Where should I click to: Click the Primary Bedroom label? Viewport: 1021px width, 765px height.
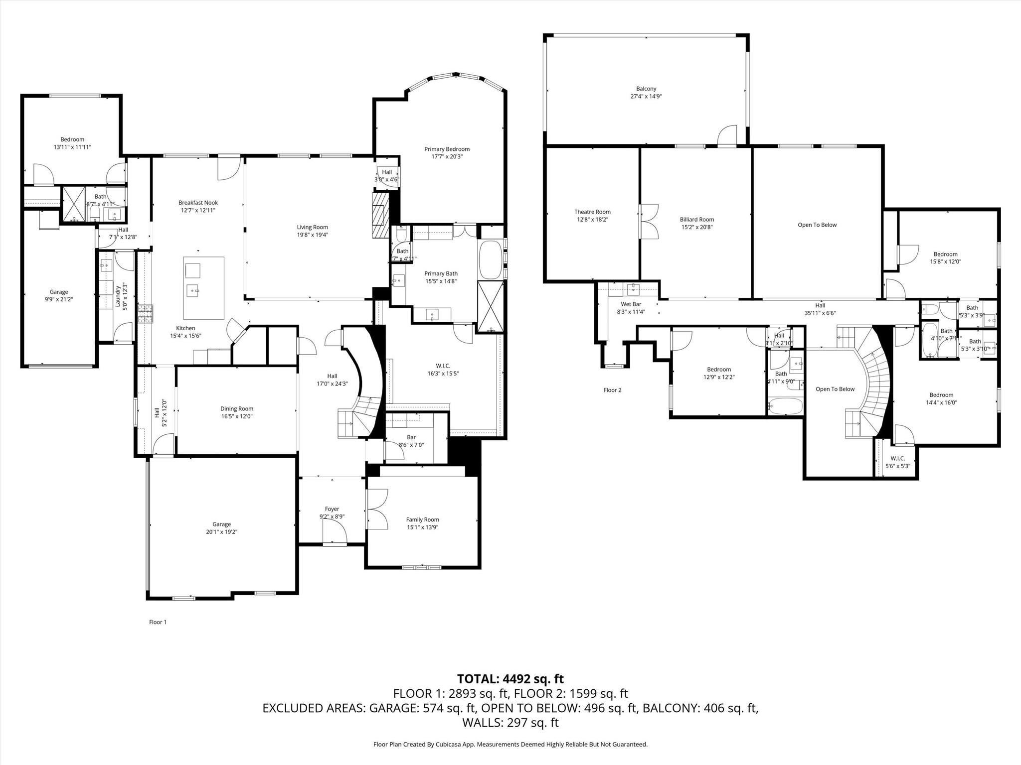[447, 149]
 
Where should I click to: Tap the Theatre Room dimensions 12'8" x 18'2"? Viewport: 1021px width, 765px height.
[592, 220]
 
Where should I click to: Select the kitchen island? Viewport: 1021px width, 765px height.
[204, 288]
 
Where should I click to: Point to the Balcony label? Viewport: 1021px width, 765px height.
[646, 89]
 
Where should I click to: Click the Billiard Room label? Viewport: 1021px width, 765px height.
[696, 219]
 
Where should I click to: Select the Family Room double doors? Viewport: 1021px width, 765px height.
[377, 509]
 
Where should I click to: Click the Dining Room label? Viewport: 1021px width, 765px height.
[237, 408]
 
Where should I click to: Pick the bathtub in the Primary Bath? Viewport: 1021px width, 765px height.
[491, 260]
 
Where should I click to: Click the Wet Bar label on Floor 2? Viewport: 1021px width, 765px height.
[631, 304]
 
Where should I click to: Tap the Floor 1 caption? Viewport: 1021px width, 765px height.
[158, 622]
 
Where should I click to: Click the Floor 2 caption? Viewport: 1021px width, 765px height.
[612, 390]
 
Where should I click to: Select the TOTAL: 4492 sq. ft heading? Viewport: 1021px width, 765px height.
[510, 679]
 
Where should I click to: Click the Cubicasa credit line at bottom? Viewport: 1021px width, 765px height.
[510, 744]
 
